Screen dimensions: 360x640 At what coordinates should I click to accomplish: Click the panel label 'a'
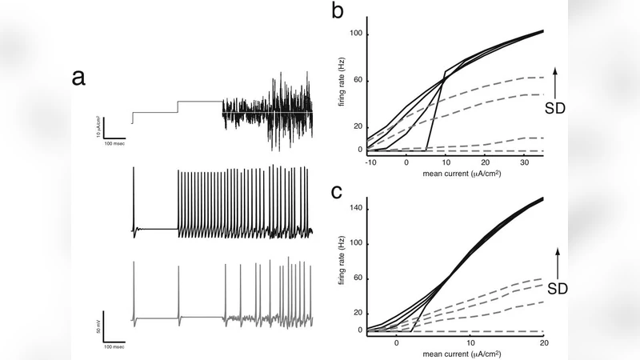(78, 78)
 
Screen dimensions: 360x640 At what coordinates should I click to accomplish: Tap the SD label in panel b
(556, 107)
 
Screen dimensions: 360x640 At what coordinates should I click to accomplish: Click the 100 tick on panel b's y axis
(356, 34)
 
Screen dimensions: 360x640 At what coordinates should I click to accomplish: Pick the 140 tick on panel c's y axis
(356, 208)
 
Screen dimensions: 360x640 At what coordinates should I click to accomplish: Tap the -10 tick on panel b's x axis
(370, 162)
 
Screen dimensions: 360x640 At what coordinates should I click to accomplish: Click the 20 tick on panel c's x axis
(543, 342)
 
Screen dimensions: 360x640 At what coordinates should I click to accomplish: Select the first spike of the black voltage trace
(134, 196)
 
